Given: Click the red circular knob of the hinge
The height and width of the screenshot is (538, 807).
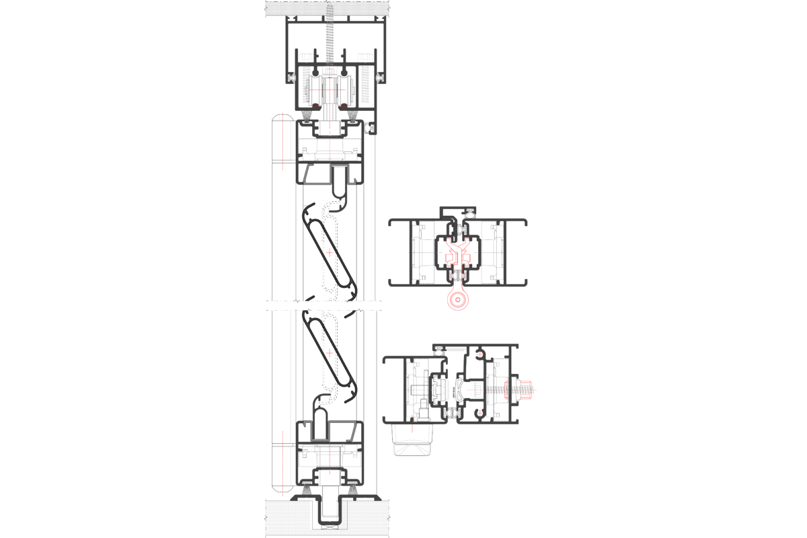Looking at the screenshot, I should coord(457,299).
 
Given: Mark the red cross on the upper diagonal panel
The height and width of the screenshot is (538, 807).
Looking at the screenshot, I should coord(330,253).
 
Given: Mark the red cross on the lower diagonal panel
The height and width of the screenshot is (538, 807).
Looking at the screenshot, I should coord(330,353).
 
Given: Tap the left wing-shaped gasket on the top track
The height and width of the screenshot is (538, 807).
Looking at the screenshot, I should coord(291,79).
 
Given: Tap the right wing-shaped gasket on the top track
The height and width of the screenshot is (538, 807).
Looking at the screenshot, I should coord(381,79).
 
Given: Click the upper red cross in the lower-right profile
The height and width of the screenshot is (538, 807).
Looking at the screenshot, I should coord(479,354).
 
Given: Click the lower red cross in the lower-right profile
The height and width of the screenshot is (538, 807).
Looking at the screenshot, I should coord(479,413).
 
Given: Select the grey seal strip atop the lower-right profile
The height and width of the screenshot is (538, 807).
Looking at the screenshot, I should coord(456,349).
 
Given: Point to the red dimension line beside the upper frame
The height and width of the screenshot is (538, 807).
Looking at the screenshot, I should coord(282,141).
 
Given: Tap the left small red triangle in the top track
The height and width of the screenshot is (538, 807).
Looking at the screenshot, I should coord(314,104).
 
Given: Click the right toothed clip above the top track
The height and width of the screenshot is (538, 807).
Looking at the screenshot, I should coord(364,58).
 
